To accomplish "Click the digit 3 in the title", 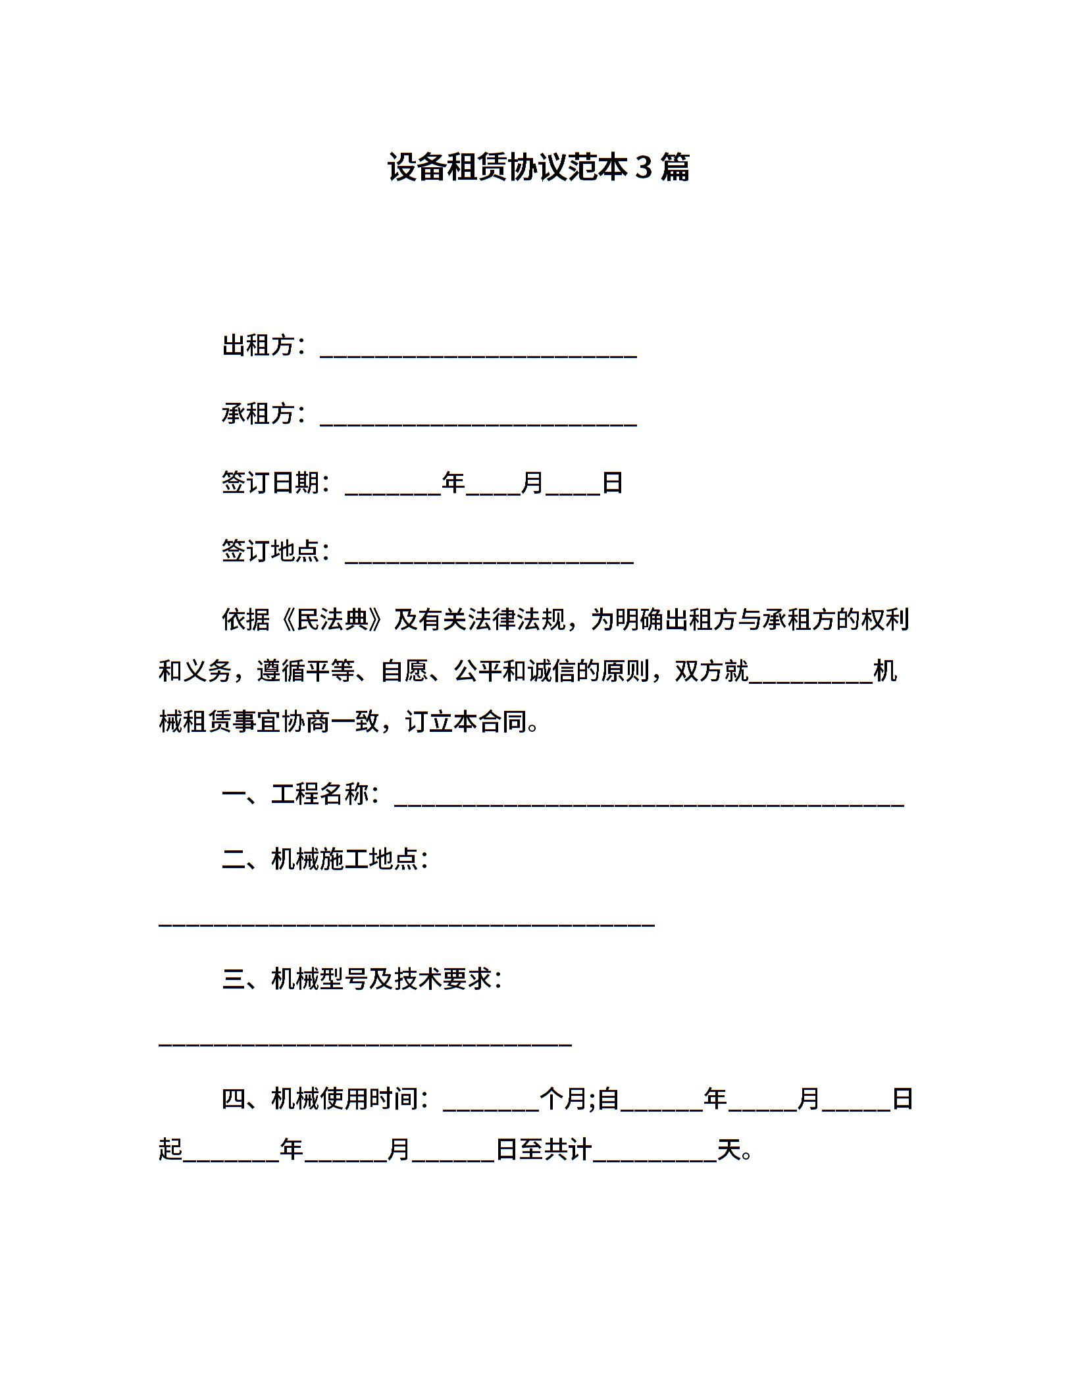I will tap(643, 167).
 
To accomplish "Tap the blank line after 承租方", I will tap(478, 421).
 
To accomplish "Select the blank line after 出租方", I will tap(478, 353).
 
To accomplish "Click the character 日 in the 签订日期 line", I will tap(613, 482).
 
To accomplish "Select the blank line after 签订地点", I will tap(489, 558).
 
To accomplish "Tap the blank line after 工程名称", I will tap(649, 801).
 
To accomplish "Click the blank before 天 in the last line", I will tap(655, 1156).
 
